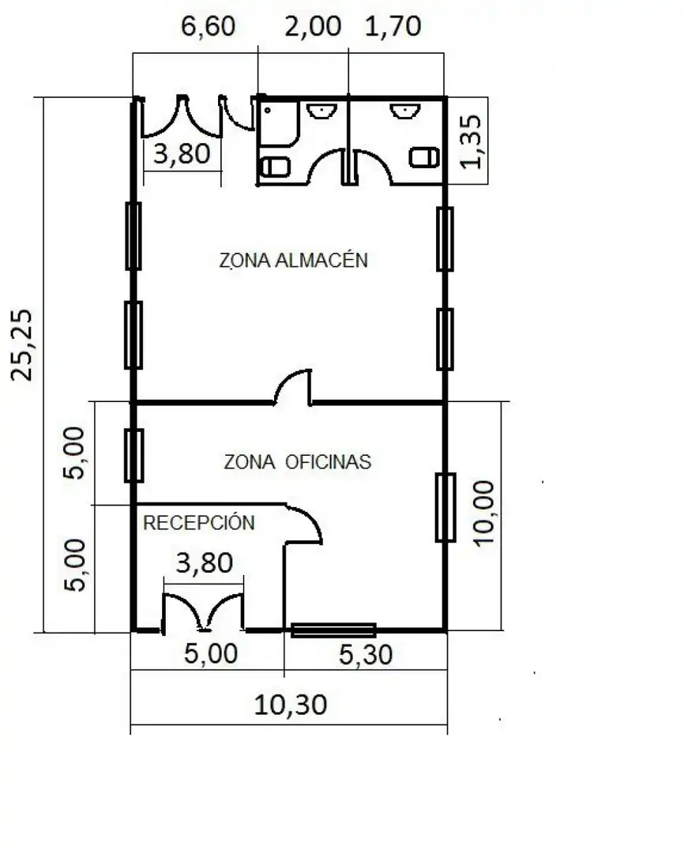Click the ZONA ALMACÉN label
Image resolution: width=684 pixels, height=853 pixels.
(293, 260)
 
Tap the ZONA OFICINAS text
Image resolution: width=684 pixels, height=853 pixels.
(297, 462)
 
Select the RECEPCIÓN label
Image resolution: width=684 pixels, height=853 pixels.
(198, 522)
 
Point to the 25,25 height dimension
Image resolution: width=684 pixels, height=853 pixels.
(22, 345)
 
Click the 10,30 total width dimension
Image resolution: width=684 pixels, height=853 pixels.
(291, 705)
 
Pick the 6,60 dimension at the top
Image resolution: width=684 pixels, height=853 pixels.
(208, 26)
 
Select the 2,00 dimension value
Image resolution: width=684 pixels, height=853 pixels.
(313, 26)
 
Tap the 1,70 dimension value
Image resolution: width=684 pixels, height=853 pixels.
(393, 26)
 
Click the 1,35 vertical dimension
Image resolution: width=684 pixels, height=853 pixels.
(472, 141)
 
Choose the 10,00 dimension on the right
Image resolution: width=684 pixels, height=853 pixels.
(483, 513)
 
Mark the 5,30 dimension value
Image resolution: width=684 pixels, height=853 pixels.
(366, 655)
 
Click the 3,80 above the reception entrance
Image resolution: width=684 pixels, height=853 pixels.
(205, 562)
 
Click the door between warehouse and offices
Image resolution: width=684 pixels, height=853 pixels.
(293, 387)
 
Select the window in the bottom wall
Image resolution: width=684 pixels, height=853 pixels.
(333, 630)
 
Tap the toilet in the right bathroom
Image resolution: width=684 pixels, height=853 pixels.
(424, 157)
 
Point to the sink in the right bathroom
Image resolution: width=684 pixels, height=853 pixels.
(405, 111)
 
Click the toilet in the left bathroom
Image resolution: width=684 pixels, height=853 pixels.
(276, 167)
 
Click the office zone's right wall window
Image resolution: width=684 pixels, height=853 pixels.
(445, 508)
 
